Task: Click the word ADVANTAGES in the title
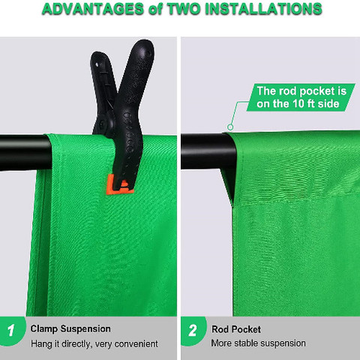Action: [x=93, y=9]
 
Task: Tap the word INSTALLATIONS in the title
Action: [x=263, y=9]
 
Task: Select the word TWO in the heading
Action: [x=184, y=9]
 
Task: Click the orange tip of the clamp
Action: [x=119, y=185]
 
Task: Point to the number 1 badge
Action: [x=12, y=331]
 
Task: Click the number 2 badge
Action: [x=193, y=331]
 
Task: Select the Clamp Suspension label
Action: [x=70, y=329]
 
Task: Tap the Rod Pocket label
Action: [x=236, y=329]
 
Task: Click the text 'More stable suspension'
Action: [x=258, y=343]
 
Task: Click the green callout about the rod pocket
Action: [x=301, y=97]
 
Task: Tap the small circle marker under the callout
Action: [x=230, y=127]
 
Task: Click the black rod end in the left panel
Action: [x=25, y=153]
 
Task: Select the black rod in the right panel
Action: [x=208, y=151]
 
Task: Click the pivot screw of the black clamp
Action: [x=103, y=123]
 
